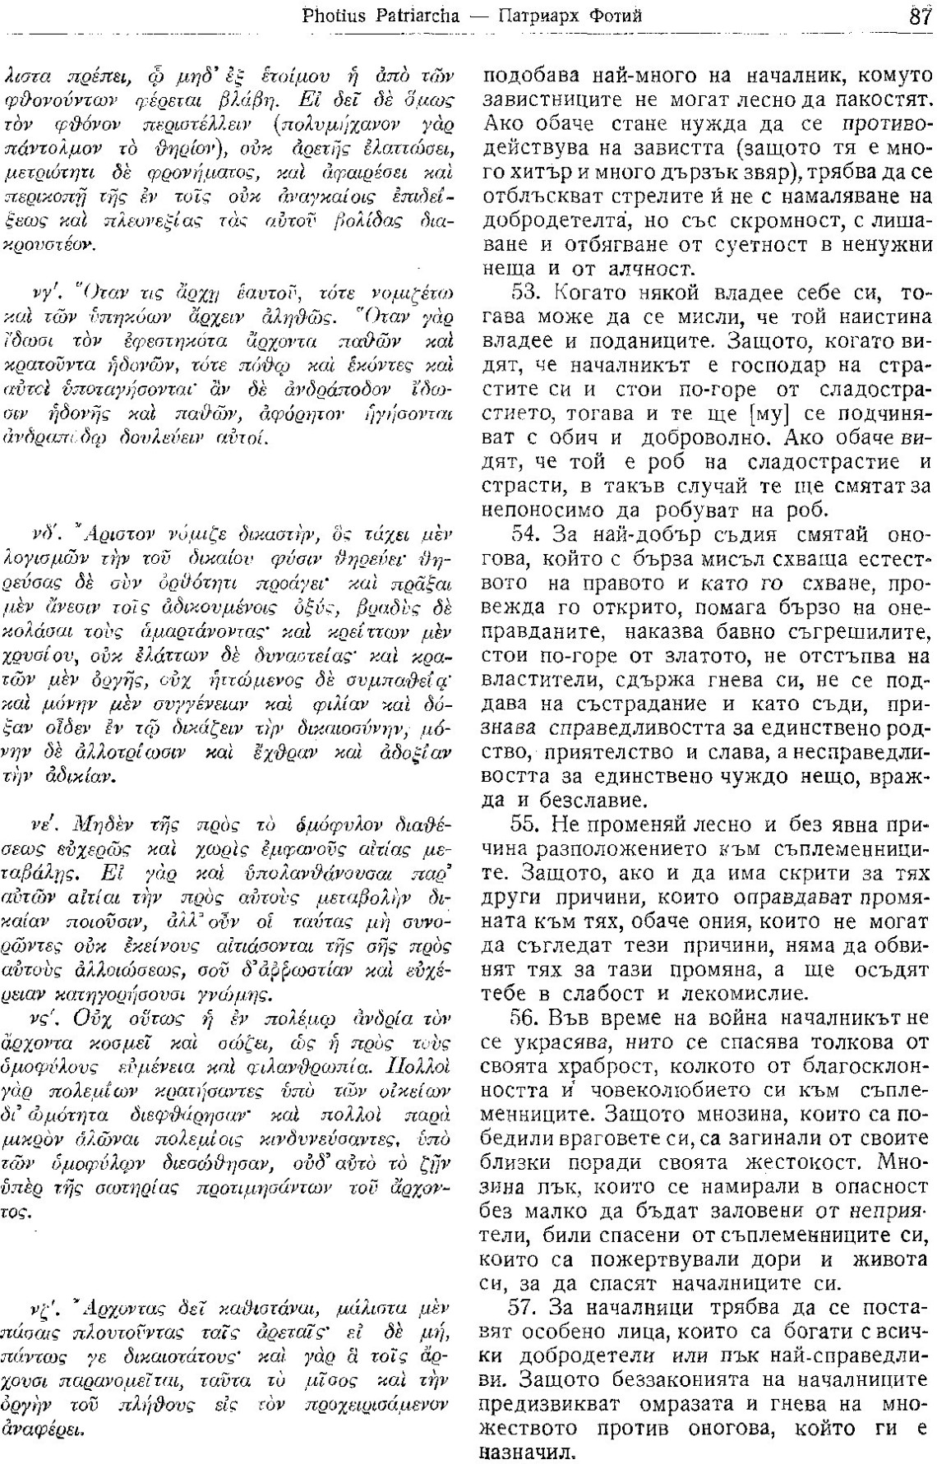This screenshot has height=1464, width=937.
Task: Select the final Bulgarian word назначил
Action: pyautogui.click(x=518, y=1450)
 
